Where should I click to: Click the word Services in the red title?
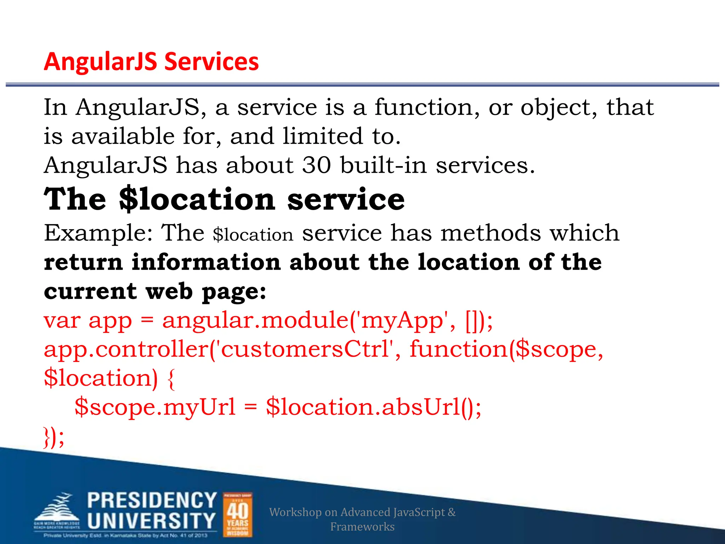[x=211, y=62]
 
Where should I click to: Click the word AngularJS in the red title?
[x=101, y=62]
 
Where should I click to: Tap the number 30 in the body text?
[x=317, y=165]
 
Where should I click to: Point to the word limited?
[x=323, y=136]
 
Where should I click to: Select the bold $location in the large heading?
[x=197, y=199]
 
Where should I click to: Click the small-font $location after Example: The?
[x=253, y=235]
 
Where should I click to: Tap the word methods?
[x=491, y=233]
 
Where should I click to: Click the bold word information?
[x=206, y=262]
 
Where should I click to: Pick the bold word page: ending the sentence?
[x=234, y=292]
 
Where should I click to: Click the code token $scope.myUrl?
[x=155, y=407]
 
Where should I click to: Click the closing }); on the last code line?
[x=54, y=437]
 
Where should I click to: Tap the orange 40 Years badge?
[x=238, y=515]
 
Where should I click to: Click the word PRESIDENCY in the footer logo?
[x=152, y=500]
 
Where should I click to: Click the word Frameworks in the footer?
[x=362, y=527]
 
